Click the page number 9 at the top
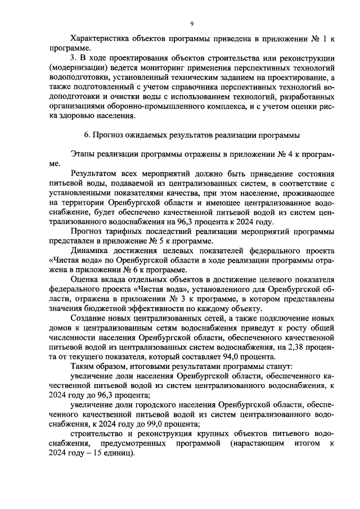pos(191,23)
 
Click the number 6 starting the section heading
pos(85,135)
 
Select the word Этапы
pos(84,154)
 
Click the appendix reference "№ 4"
pos(285,154)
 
